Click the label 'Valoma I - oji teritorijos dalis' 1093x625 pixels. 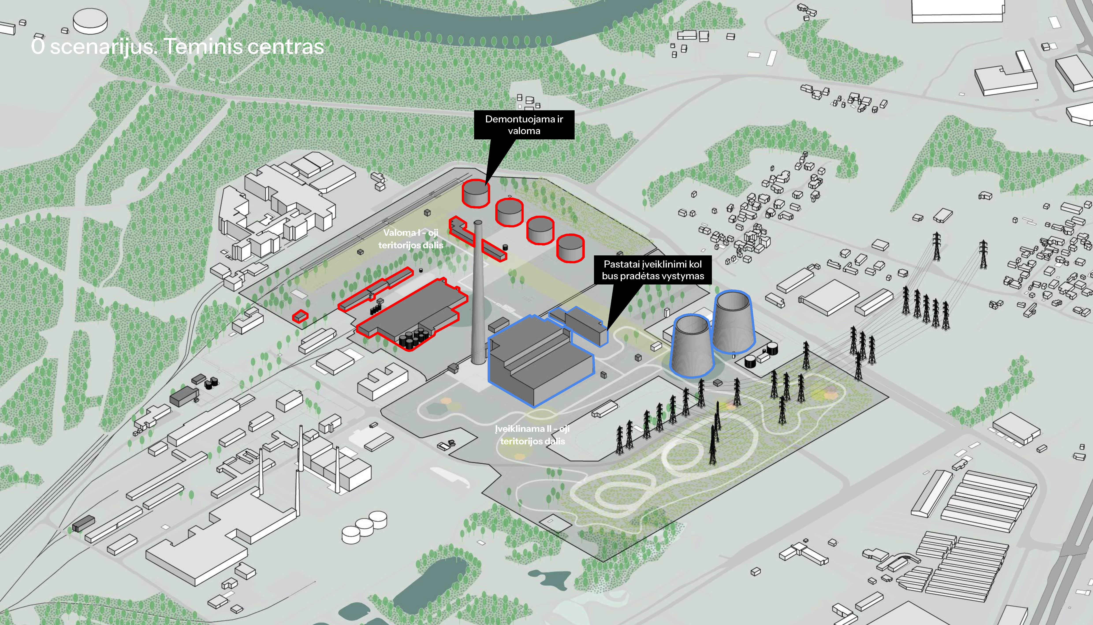pos(411,239)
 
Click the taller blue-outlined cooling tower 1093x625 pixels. pos(733,322)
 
